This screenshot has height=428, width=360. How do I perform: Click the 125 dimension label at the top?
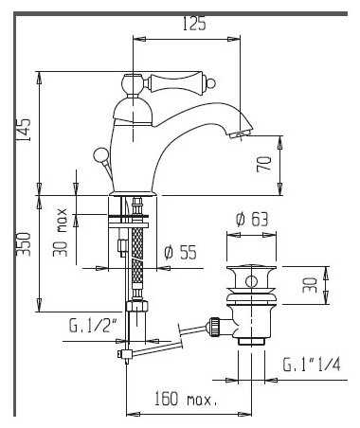click(194, 24)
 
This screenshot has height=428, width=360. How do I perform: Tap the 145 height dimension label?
click(24, 130)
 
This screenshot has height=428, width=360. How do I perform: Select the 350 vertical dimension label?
click(24, 244)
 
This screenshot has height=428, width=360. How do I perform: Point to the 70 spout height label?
click(264, 164)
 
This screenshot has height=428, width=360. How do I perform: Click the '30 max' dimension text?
click(60, 232)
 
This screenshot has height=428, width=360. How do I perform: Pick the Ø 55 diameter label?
click(180, 252)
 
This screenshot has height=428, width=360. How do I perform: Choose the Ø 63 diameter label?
click(252, 219)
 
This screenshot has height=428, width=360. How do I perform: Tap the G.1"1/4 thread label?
click(312, 365)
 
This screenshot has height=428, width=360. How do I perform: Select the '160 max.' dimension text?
click(186, 399)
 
